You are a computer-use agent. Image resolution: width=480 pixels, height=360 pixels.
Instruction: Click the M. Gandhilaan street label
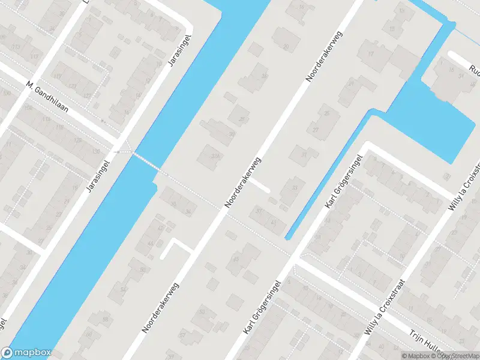pos(46,97)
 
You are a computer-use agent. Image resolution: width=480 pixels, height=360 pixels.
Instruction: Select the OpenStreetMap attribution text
pos(451,356)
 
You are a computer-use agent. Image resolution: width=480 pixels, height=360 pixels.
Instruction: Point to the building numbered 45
pos(236,259)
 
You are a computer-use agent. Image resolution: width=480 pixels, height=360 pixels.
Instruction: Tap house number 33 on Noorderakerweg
pos(293,188)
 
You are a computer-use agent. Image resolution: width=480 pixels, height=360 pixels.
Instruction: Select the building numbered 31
pos(304,154)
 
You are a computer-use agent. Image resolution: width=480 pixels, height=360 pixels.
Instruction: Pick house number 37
pos(259,211)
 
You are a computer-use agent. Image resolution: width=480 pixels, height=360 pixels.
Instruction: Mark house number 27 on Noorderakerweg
pos(316,130)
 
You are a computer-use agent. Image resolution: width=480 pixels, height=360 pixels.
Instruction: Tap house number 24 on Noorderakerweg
pos(265,76)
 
